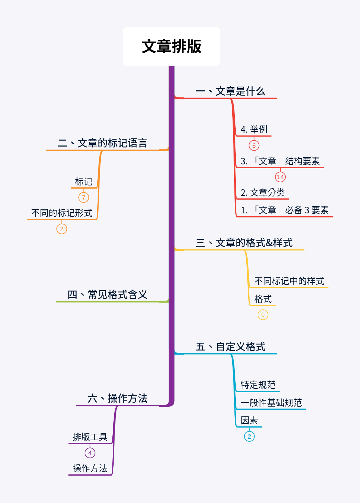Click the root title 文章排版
point(171,46)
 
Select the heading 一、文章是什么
point(230,91)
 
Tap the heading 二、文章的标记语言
point(102,143)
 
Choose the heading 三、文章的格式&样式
point(244,243)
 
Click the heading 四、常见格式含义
point(107,295)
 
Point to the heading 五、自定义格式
point(230,347)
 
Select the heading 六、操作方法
point(117,399)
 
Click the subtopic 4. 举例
point(254,129)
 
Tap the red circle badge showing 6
point(254,146)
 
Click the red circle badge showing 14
point(280,177)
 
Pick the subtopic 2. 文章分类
point(263,192)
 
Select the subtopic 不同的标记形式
point(62,213)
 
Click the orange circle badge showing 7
point(83,197)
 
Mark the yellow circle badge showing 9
point(263,315)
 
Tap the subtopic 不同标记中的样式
point(289,281)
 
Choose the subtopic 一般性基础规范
point(271,403)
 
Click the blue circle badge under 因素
point(249,436)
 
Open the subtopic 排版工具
point(90,437)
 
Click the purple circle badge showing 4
point(90,453)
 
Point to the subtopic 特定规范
point(258,385)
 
